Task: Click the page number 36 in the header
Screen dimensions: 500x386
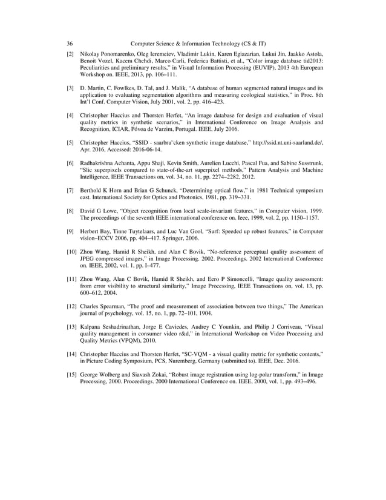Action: tap(70, 44)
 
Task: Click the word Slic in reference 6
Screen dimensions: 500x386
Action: tap(88, 171)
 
